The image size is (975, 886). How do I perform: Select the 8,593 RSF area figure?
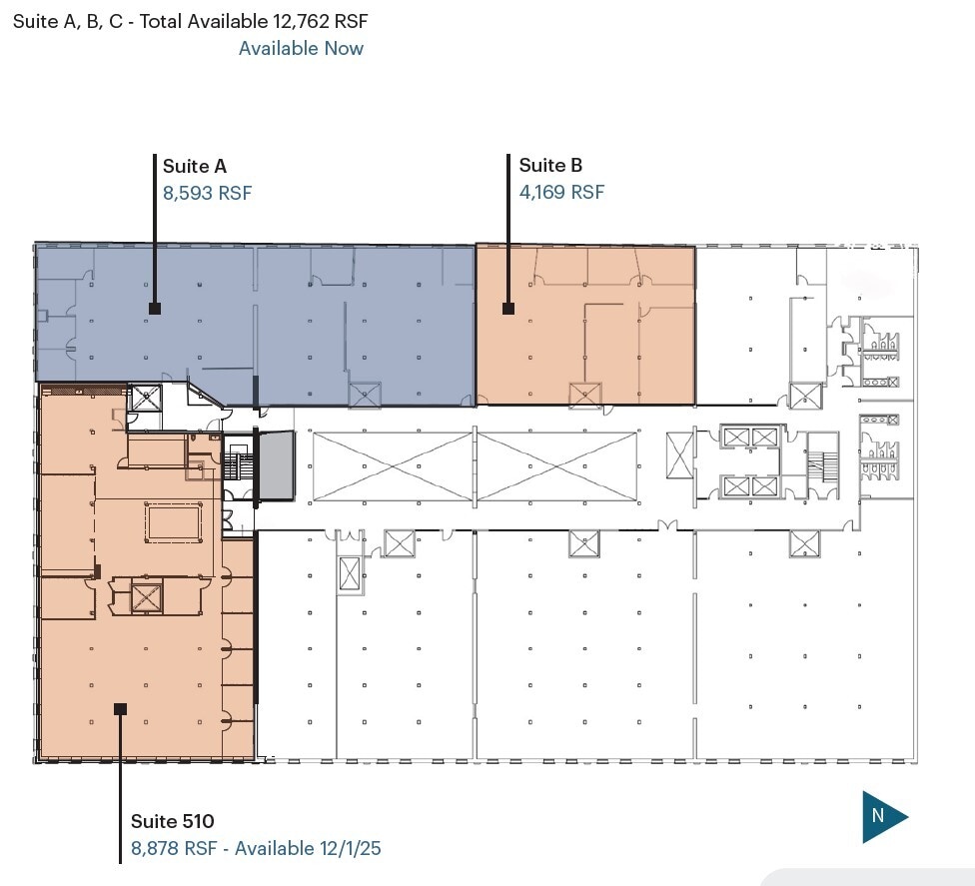pos(207,193)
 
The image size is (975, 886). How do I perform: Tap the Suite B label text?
pos(550,166)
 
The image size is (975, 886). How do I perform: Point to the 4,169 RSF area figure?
pos(561,192)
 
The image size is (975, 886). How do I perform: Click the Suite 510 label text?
pos(172,822)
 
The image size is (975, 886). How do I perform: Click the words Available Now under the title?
pos(301,48)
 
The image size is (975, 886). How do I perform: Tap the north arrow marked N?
pos(884,816)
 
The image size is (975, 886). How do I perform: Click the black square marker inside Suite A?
pos(155,309)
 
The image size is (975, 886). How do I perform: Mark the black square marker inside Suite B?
pos(508,309)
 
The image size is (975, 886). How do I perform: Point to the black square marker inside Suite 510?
pos(120,708)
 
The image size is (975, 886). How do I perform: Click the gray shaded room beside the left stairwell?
pos(277,464)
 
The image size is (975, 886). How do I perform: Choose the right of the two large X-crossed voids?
pos(557,466)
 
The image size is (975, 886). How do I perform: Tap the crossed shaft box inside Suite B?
pos(584,395)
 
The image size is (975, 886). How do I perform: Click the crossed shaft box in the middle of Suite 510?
pos(147,597)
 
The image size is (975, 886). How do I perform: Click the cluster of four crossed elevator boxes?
pos(750,461)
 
